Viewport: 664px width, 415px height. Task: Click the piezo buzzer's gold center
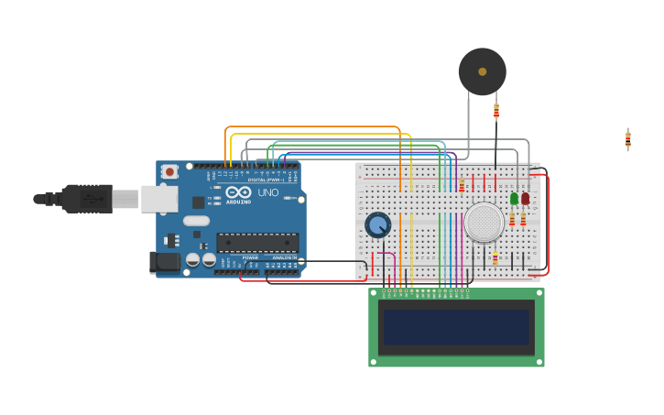(482, 71)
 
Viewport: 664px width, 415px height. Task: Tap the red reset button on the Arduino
(169, 171)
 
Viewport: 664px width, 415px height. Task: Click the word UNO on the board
(267, 193)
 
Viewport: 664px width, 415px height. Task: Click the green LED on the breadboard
(514, 198)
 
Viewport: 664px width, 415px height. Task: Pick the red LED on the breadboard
(525, 198)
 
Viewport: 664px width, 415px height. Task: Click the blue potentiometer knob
(377, 224)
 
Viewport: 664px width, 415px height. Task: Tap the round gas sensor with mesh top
(484, 222)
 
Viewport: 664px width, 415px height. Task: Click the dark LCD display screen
(456, 327)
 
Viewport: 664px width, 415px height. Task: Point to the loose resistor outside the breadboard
(627, 138)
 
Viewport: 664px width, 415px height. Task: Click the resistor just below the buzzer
(496, 111)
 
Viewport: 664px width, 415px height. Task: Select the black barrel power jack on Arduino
(165, 262)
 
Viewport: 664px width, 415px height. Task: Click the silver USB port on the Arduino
(158, 199)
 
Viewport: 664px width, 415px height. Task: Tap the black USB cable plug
(86, 198)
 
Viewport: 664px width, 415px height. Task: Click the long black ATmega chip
(256, 243)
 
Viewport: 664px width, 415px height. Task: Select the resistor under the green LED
(512, 219)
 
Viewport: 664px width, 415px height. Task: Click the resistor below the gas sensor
(495, 258)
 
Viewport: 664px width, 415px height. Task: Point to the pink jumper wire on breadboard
(386, 257)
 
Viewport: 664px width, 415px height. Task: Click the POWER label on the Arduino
(250, 257)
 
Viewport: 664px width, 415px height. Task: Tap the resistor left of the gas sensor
(462, 186)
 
